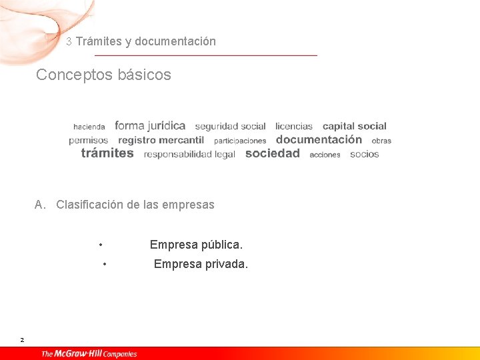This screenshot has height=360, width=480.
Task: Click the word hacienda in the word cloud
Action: (89, 127)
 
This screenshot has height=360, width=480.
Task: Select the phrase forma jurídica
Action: (150, 125)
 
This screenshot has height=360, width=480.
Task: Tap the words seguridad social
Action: (230, 126)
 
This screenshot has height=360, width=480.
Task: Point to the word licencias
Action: (294, 126)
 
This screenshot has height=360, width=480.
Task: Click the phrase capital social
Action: (354, 126)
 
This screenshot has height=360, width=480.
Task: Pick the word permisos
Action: (88, 141)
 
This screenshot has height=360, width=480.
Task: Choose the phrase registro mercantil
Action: (161, 140)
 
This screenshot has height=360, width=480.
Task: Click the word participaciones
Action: (240, 141)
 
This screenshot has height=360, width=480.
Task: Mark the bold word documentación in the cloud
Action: (319, 139)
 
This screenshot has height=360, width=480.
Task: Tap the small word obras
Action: (381, 141)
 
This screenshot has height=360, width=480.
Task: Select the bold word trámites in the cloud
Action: (107, 153)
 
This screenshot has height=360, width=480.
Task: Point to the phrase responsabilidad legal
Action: (189, 154)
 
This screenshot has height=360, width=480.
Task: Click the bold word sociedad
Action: (273, 153)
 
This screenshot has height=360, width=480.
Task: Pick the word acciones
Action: (325, 155)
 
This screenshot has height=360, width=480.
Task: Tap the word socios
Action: (364, 154)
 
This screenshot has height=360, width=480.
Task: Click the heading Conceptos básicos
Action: (103, 75)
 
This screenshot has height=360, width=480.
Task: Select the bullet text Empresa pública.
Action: (196, 245)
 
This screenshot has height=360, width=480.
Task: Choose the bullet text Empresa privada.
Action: (201, 264)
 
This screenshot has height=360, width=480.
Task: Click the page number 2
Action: (22, 340)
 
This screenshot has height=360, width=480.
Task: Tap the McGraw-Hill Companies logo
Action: (89, 353)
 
